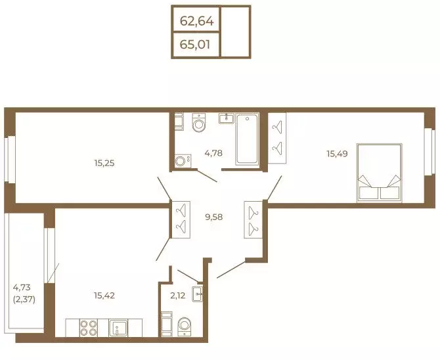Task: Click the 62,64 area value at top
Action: coord(197,21)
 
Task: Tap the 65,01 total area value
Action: coord(195,45)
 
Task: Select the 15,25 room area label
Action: coord(104,163)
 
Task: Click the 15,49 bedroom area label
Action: coord(337,154)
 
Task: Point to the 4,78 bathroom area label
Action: coord(213,153)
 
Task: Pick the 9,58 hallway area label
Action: coord(214,217)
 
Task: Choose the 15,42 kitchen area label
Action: coord(104,296)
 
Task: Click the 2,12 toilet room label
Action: coord(177,296)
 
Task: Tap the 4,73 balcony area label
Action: coord(22,288)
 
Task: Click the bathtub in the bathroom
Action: coord(247,139)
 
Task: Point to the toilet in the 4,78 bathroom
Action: coord(199,122)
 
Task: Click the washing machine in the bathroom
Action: coord(183,161)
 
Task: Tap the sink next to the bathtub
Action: coord(226,118)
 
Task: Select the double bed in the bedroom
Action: coord(380,173)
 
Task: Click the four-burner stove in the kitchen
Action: coord(89,328)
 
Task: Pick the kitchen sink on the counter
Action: coord(118,328)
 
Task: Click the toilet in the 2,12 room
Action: coord(185,326)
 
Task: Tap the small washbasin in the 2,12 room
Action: coord(197,294)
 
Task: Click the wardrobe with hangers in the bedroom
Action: coord(277,138)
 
